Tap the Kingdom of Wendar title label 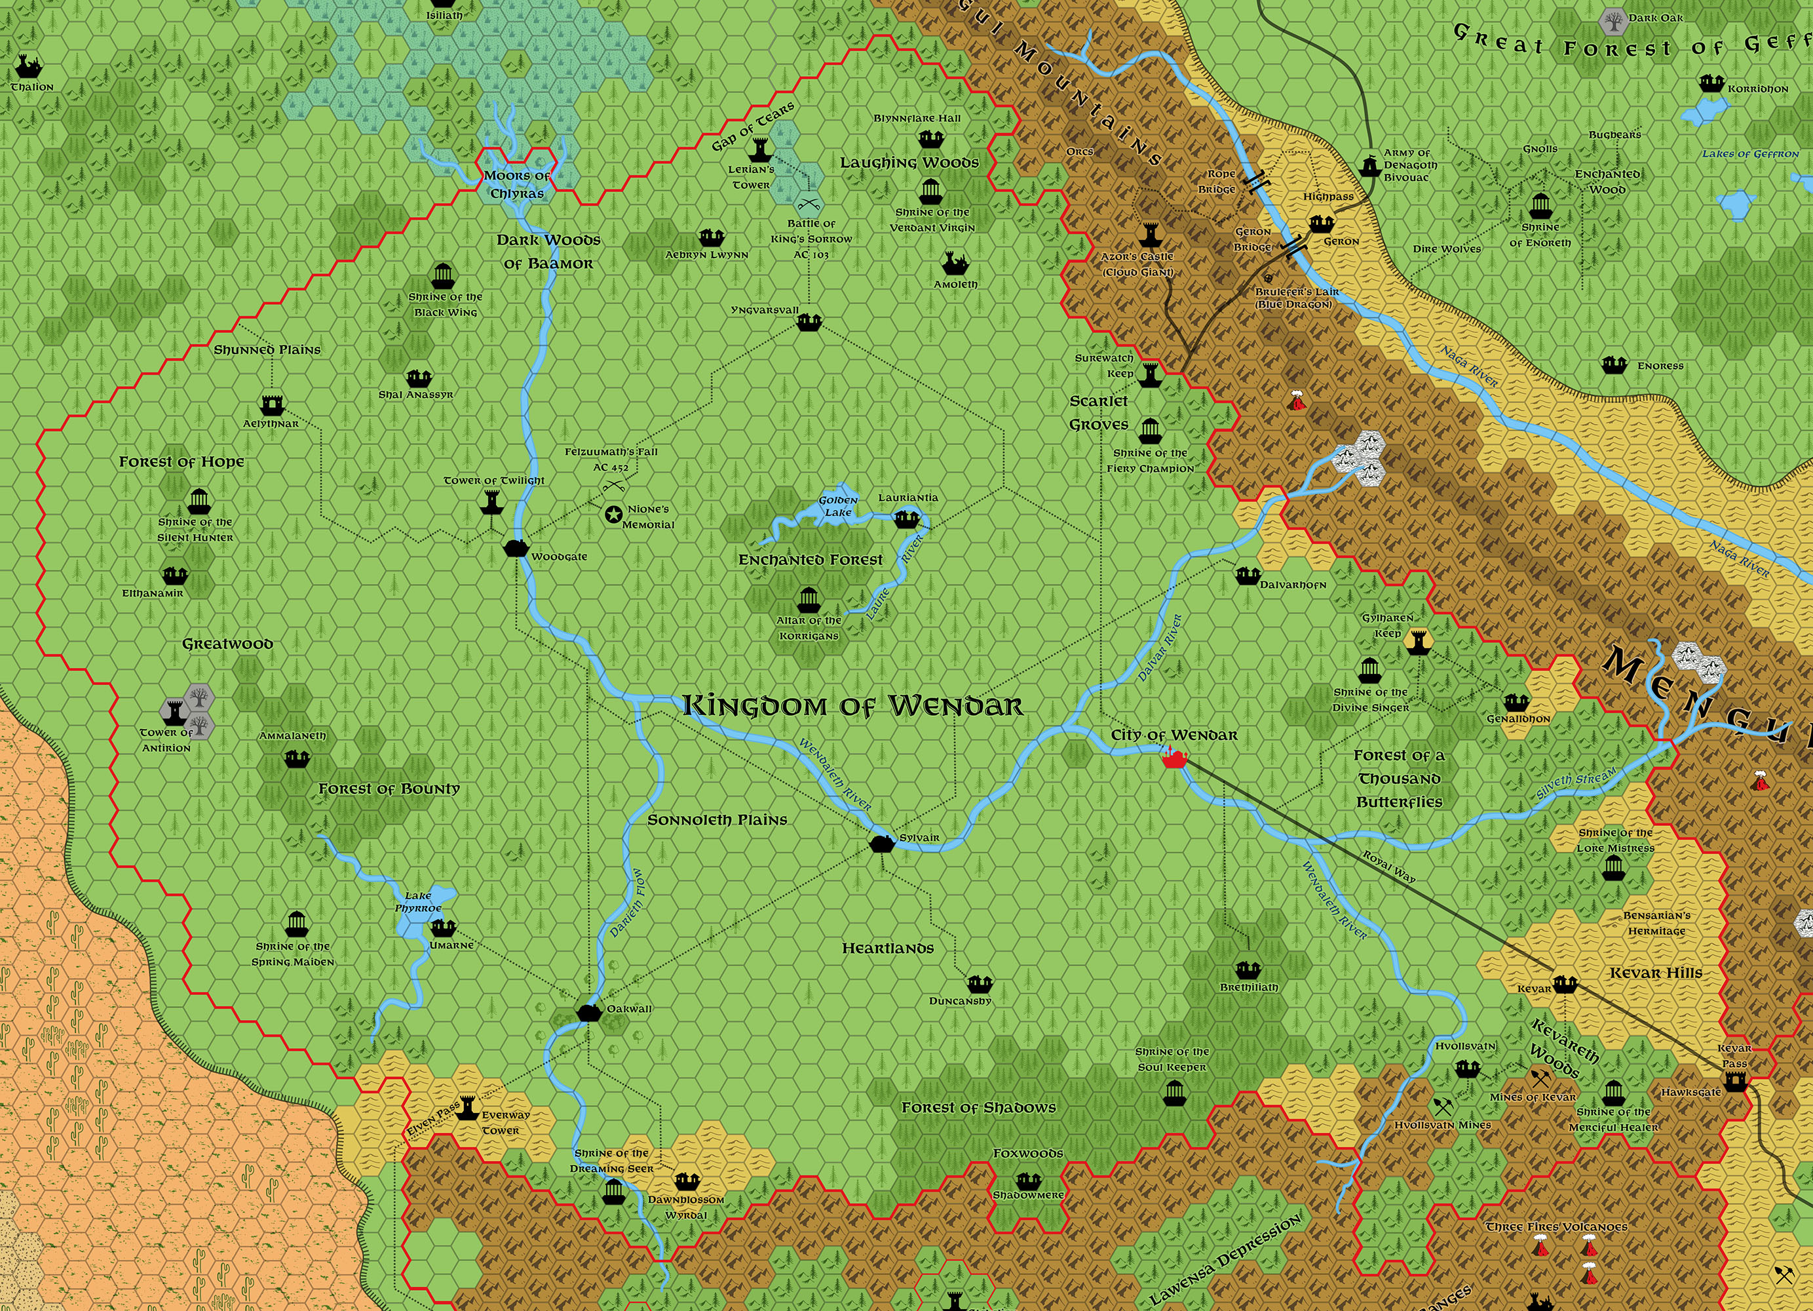point(852,705)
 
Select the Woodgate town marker point(516,548)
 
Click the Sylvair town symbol point(882,843)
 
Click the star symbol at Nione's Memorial point(614,515)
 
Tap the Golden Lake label point(838,505)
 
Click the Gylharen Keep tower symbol point(1417,640)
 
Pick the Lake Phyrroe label point(418,901)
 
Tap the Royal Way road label point(1388,867)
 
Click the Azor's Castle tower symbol point(1149,235)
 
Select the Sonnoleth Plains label point(717,820)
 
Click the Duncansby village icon point(980,984)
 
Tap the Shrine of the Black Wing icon point(444,277)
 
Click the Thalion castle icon point(29,68)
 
